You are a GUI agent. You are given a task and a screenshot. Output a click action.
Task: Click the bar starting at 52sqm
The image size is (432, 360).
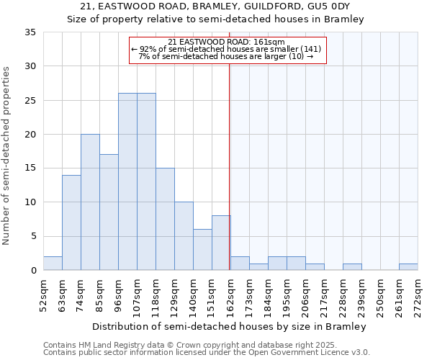[53, 264]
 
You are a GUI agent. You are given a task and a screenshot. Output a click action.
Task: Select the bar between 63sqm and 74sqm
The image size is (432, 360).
[71, 222]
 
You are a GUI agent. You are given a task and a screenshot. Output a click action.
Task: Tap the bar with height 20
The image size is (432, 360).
[90, 202]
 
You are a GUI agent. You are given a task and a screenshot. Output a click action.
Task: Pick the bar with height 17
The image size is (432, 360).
[109, 212]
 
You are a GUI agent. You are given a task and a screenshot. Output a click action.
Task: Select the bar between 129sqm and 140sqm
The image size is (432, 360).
[184, 236]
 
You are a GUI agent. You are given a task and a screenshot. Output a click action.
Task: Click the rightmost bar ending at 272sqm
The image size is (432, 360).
[408, 267]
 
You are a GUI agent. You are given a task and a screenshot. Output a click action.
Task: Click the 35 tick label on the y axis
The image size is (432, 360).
[31, 32]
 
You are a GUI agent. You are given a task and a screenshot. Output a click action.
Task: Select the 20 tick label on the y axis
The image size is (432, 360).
[31, 135]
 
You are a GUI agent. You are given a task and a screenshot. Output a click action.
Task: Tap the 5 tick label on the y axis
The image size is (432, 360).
[34, 236]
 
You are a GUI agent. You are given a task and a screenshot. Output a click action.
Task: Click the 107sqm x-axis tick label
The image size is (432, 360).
[138, 294]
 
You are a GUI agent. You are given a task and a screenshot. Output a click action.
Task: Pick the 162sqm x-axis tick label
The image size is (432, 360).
[231, 294]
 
